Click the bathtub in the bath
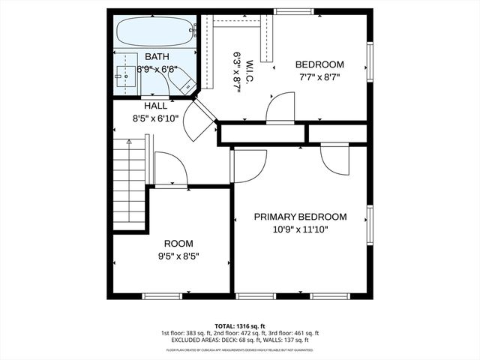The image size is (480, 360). [x=154, y=32]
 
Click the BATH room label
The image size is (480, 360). [x=157, y=57]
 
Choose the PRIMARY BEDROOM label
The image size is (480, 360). [x=300, y=217]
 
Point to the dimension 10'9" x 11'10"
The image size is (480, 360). [x=300, y=229]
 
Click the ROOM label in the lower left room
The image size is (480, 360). [x=178, y=244]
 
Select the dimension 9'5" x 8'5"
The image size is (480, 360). [x=178, y=256]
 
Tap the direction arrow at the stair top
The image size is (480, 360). [x=129, y=142]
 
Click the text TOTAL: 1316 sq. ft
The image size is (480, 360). [x=240, y=325]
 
